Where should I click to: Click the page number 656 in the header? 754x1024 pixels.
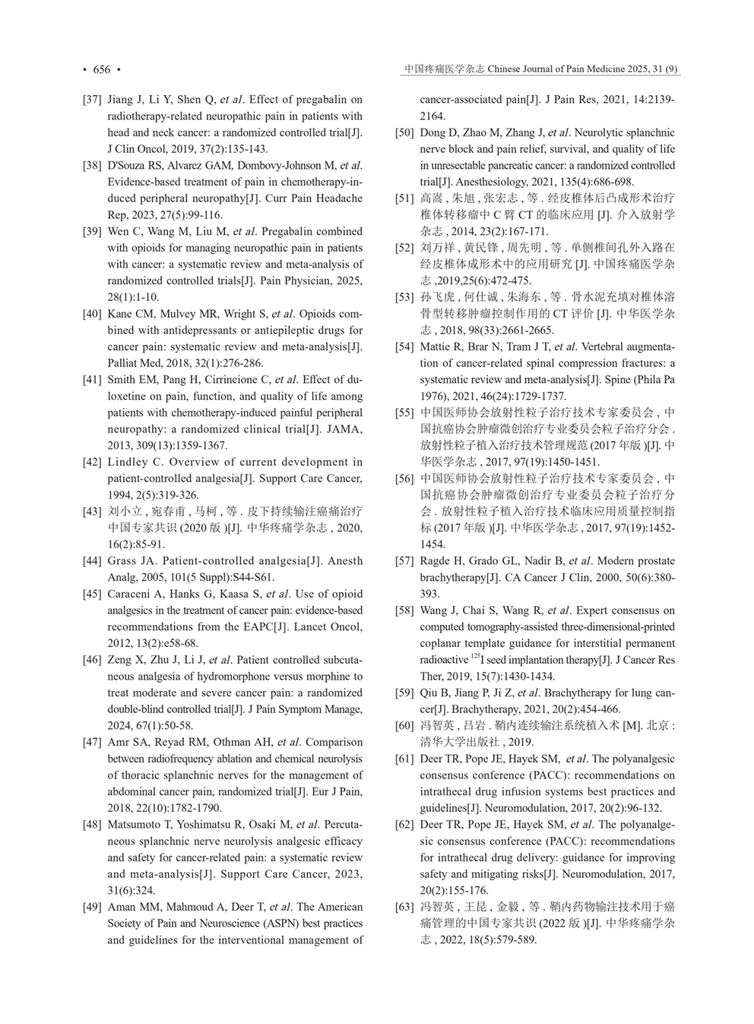pos(101,70)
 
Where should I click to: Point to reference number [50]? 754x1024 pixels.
pos(404,132)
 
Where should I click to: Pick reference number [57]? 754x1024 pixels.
pos(404,561)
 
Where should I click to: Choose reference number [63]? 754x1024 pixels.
pos(404,907)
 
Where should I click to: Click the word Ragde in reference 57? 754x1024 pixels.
pos(435,561)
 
